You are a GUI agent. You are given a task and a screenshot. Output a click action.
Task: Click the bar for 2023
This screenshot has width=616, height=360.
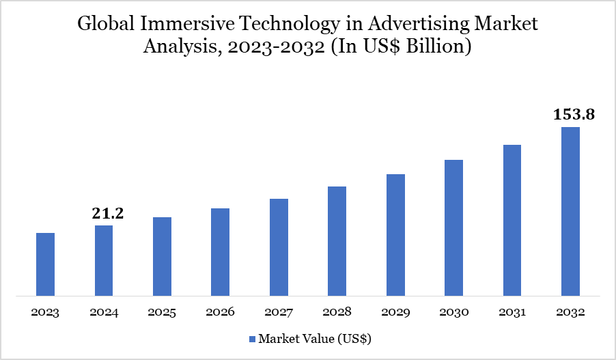click(x=45, y=264)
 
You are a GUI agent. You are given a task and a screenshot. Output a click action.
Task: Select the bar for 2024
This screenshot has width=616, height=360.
click(x=104, y=261)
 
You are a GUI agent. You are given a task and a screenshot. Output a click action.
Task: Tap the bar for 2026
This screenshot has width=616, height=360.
click(x=220, y=252)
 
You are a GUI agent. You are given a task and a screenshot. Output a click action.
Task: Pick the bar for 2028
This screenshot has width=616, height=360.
click(x=337, y=241)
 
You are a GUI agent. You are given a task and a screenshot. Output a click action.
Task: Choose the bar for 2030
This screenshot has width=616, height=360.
click(x=453, y=228)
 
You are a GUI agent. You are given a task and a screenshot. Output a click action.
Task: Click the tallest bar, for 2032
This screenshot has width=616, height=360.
click(x=570, y=212)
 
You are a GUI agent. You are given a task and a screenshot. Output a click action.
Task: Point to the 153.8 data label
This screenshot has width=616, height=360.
click(x=574, y=114)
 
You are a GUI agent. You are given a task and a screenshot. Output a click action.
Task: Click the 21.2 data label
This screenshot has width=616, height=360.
click(x=108, y=214)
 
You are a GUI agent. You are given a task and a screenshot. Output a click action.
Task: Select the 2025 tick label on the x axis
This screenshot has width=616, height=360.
click(x=162, y=313)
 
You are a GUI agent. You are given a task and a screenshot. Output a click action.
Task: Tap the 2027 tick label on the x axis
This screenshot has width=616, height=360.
click(x=279, y=313)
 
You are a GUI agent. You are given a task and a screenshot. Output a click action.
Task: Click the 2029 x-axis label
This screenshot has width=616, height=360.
click(x=395, y=313)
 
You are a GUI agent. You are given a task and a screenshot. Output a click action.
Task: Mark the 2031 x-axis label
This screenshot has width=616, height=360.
click(x=512, y=313)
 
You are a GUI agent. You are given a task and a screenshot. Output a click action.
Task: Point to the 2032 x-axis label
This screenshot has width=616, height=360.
click(x=570, y=313)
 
